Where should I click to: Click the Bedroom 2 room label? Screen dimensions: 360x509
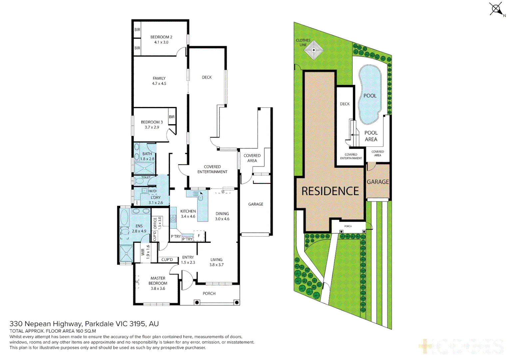[161, 37]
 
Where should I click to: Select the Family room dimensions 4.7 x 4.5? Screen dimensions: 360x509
[159, 84]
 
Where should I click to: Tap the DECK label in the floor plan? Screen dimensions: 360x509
[207, 77]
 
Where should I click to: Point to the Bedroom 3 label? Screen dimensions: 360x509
[152, 122]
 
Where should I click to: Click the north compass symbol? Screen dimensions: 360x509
[496, 9]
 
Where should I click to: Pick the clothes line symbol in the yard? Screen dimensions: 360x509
[313, 50]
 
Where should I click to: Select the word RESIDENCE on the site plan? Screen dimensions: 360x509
[330, 191]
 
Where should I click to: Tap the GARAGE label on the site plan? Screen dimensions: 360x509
[378, 182]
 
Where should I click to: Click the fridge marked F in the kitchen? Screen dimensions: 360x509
[199, 236]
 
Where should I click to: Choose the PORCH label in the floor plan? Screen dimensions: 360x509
[209, 294]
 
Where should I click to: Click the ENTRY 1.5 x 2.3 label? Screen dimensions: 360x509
[188, 260]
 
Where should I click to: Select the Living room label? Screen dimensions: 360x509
[216, 260]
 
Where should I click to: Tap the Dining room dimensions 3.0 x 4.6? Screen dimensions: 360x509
[222, 219]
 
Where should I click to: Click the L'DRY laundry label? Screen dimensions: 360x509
[156, 198]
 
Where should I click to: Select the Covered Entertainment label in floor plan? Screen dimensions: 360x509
[212, 169]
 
